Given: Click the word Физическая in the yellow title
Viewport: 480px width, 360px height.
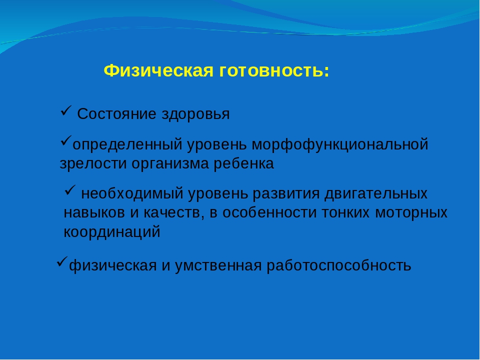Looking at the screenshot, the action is coord(158,71).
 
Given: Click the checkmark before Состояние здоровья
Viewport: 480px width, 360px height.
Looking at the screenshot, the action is coord(66,110).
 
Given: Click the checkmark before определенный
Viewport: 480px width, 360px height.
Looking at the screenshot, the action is coord(66,140).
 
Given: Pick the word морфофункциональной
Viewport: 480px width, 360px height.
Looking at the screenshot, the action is coord(340,144).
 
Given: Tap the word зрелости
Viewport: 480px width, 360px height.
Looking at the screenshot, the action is coord(93,164).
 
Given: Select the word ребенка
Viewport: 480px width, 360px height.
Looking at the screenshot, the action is coord(243,163).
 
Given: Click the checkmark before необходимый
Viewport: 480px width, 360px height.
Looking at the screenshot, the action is coord(70,190).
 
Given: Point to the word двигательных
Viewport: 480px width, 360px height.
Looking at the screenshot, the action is coord(376,194).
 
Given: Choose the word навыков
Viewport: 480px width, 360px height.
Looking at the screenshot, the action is coord(94,213).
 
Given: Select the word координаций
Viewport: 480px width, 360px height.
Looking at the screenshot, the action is coord(112,232).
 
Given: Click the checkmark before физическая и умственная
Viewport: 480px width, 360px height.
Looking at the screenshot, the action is coord(62,262).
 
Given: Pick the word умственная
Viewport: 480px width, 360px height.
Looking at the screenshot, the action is coord(218,265).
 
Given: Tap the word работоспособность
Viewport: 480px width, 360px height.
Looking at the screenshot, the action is coord(339,265).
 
